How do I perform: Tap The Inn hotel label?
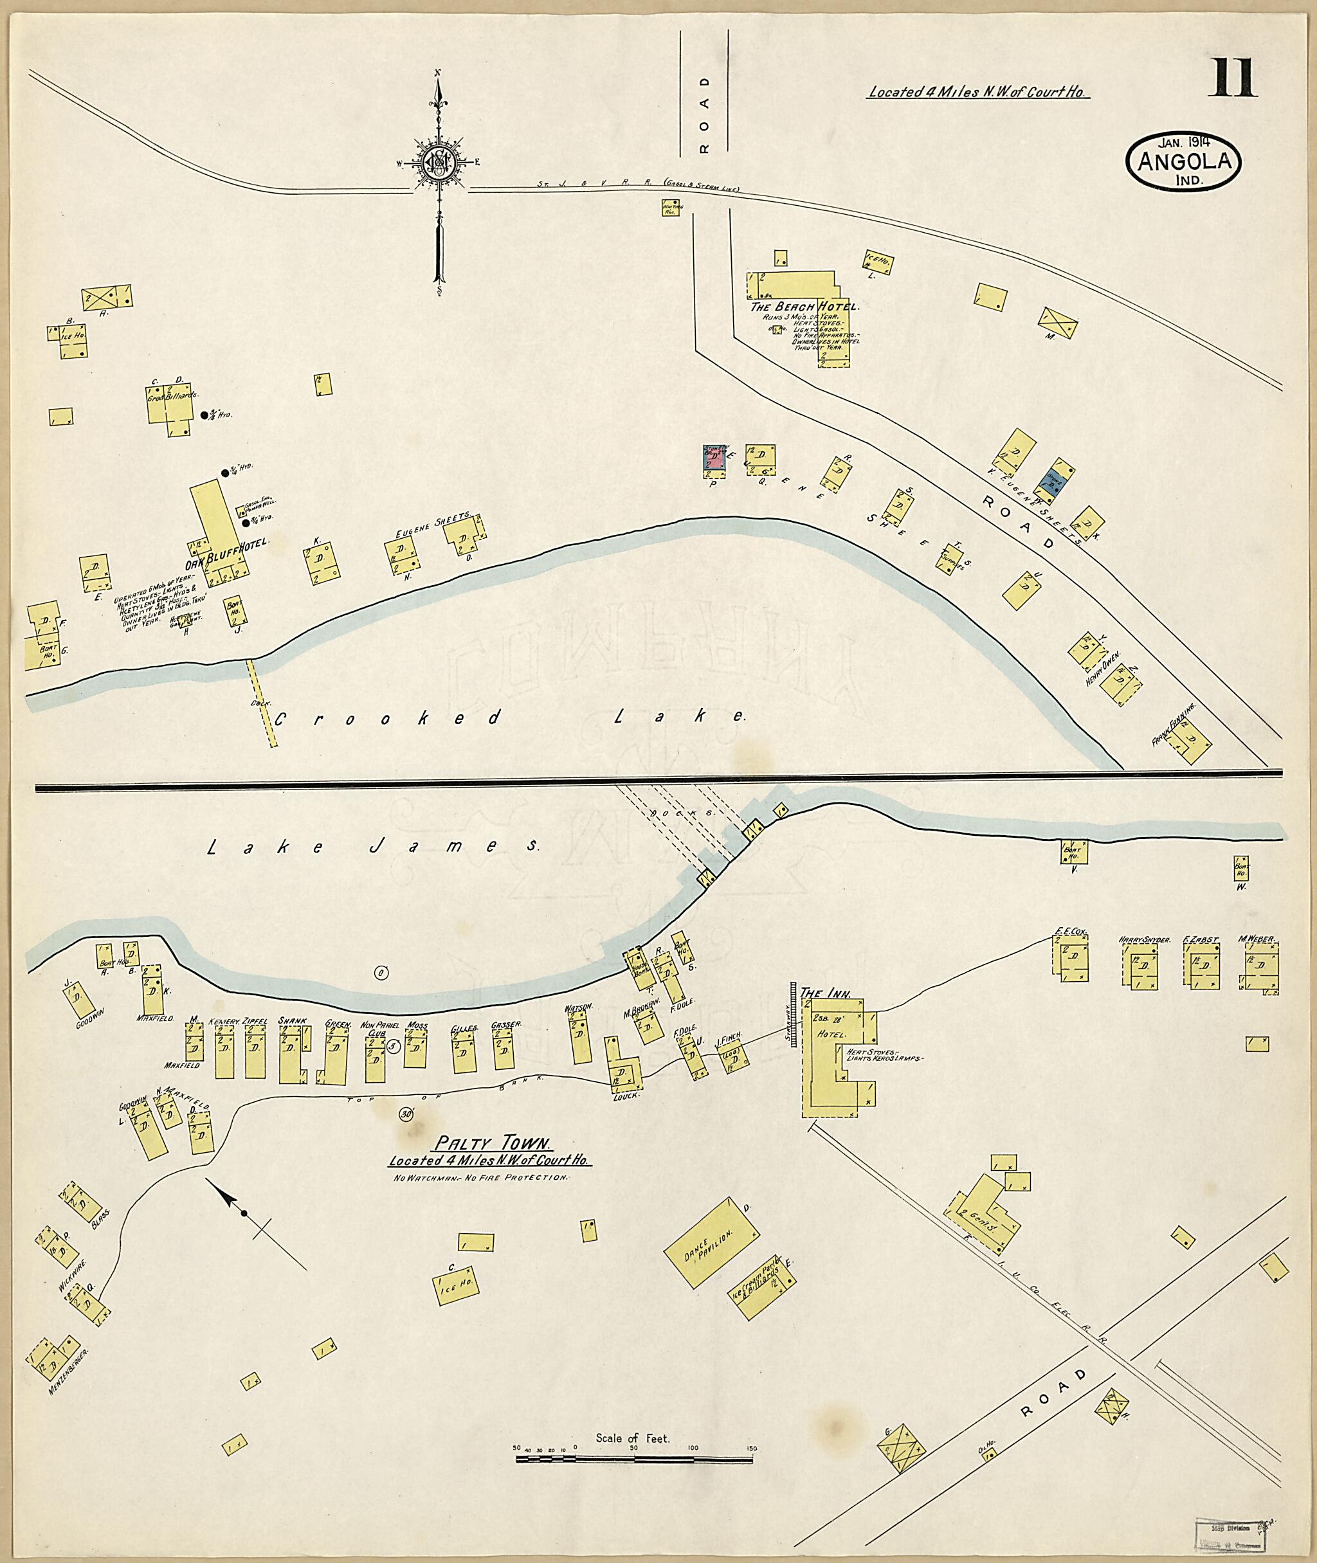point(820,993)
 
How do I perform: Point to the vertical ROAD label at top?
point(704,113)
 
